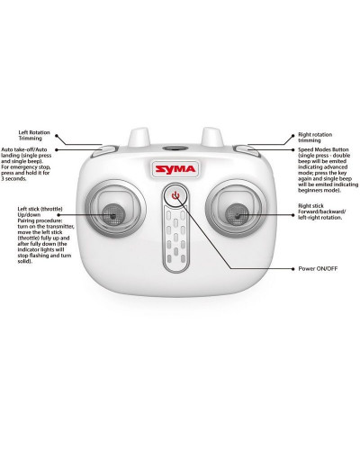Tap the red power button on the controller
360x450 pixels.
pyautogui.click(x=175, y=196)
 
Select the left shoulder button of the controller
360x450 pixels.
pyautogui.click(x=105, y=153)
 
